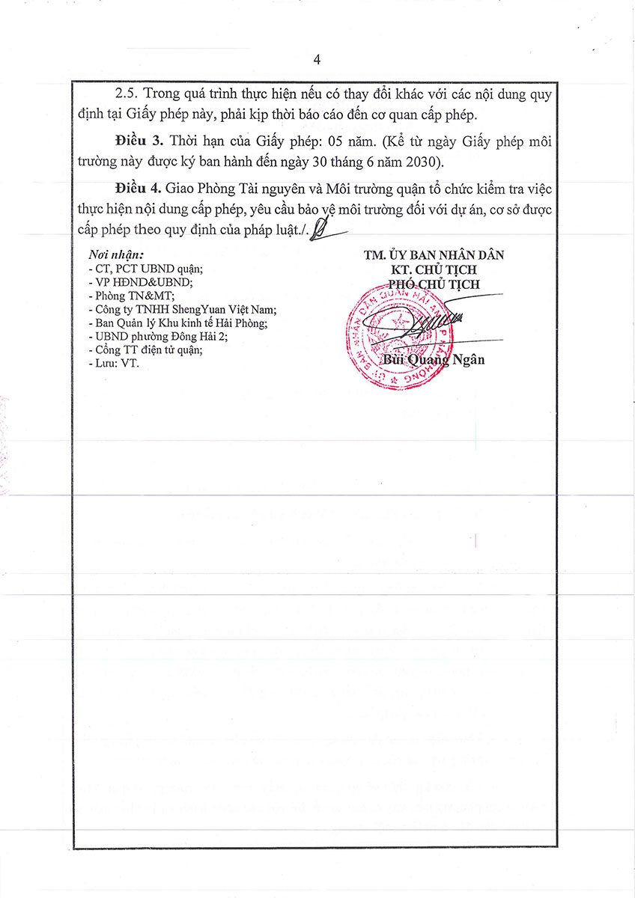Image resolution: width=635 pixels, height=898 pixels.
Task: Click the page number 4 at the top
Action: (317, 60)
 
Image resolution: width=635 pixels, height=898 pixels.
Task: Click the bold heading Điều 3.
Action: (140, 141)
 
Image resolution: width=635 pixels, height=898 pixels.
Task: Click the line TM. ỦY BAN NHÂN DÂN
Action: (434, 255)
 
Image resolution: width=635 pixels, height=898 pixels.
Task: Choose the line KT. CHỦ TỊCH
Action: (434, 269)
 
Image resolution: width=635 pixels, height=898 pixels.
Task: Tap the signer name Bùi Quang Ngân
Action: (434, 359)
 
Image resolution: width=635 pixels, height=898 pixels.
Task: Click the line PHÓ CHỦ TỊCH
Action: (434, 284)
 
